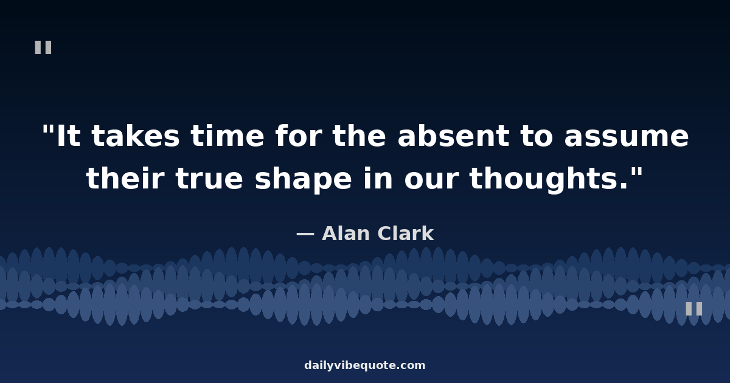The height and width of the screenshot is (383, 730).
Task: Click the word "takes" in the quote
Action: click(x=135, y=136)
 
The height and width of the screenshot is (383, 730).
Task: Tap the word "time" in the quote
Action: click(x=227, y=136)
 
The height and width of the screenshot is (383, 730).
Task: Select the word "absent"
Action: click(x=453, y=136)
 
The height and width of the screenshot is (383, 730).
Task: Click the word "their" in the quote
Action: click(x=125, y=178)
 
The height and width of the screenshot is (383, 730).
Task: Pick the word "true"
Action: click(x=209, y=180)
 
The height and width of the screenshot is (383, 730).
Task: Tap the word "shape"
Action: click(x=303, y=181)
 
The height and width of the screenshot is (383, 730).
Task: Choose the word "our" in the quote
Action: click(x=431, y=181)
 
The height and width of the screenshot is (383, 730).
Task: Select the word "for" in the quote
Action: click(x=299, y=136)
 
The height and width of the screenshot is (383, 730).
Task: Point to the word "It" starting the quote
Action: click(x=68, y=136)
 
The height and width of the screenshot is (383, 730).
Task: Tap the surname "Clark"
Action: click(x=405, y=233)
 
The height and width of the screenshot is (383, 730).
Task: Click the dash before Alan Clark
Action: click(x=305, y=234)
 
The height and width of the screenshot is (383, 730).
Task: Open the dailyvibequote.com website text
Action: click(x=364, y=365)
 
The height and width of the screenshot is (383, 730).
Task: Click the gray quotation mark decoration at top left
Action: click(x=43, y=47)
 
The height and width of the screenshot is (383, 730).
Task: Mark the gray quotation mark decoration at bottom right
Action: click(x=694, y=309)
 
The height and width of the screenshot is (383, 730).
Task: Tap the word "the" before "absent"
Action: click(x=359, y=136)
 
